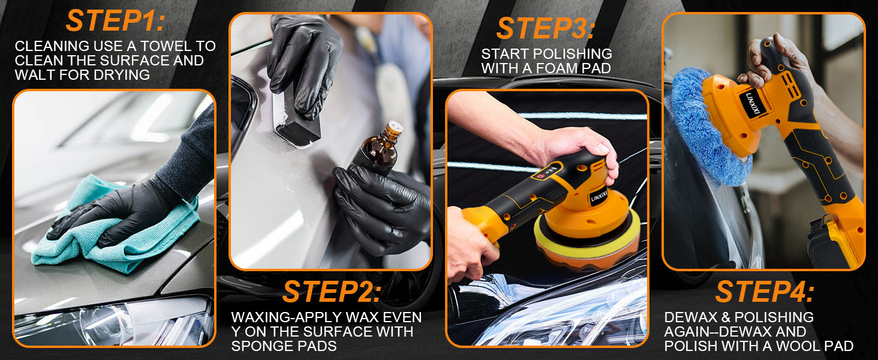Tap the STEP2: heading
pyautogui.click(x=331, y=292)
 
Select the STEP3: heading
pyautogui.click(x=545, y=28)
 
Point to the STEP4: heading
pyautogui.click(x=764, y=292)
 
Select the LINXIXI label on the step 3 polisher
pyautogui.click(x=599, y=196)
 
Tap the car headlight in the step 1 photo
pyautogui.click(x=114, y=322)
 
